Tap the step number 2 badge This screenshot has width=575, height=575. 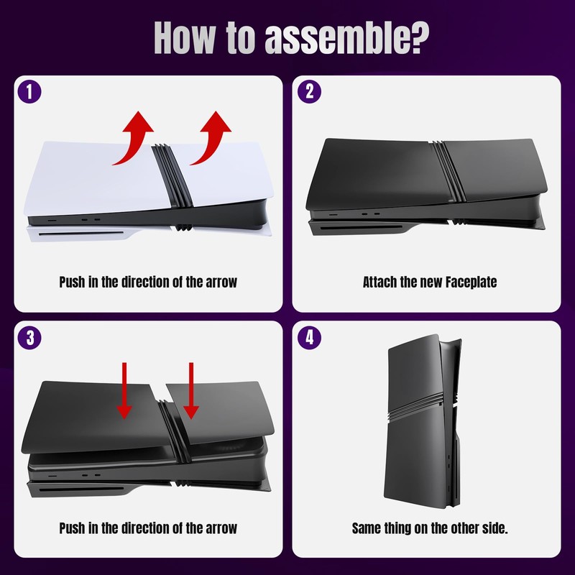tap(309, 93)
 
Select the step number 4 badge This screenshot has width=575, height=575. tap(309, 339)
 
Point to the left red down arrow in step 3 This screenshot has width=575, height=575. tap(124, 390)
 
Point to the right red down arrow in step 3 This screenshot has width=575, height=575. tap(190, 390)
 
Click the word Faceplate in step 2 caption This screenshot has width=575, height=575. tap(470, 282)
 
